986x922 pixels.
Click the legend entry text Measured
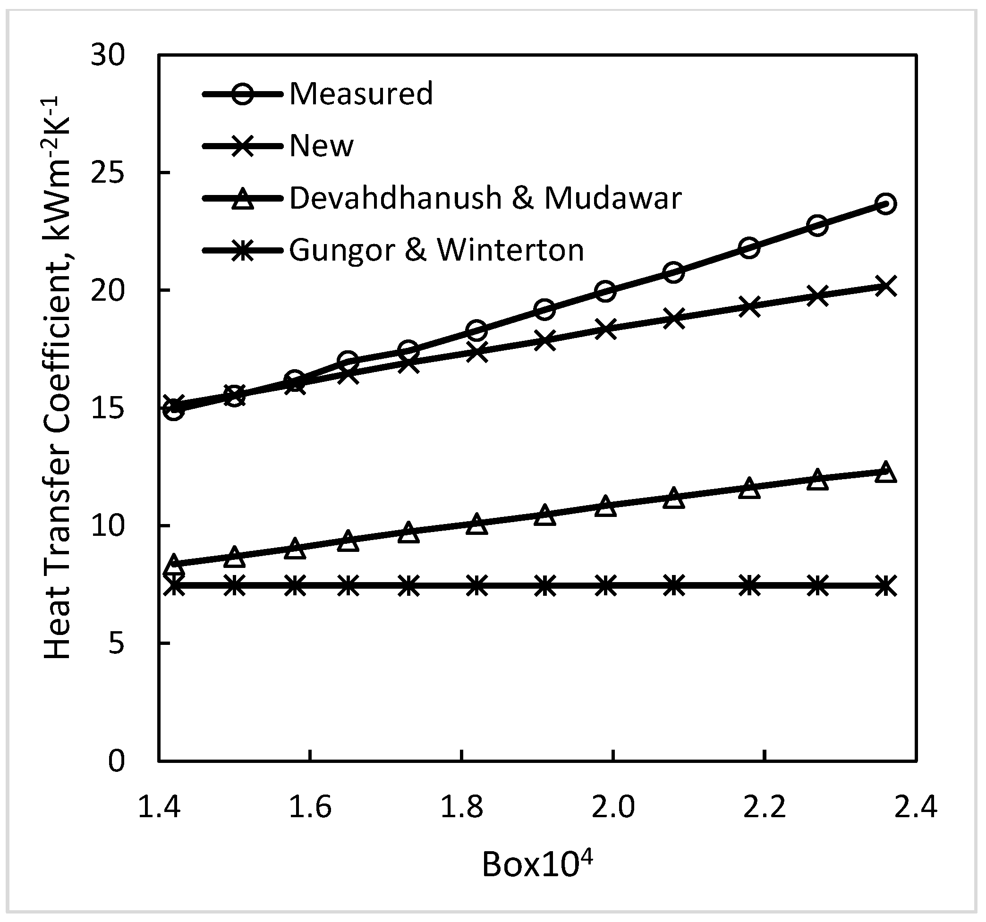[361, 94]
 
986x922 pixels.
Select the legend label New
[322, 146]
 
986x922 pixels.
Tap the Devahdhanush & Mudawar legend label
[485, 198]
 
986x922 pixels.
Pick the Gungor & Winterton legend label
[436, 250]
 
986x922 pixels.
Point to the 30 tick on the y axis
[108, 56]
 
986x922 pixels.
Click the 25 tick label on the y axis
[108, 173]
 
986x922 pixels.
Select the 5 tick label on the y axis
[117, 643]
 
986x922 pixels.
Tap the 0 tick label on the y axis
[117, 761]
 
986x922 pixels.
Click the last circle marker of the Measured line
[886, 204]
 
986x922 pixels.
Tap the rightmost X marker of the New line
[886, 287]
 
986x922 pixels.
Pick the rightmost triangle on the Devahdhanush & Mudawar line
[886, 472]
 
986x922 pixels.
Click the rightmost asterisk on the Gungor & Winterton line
[886, 586]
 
